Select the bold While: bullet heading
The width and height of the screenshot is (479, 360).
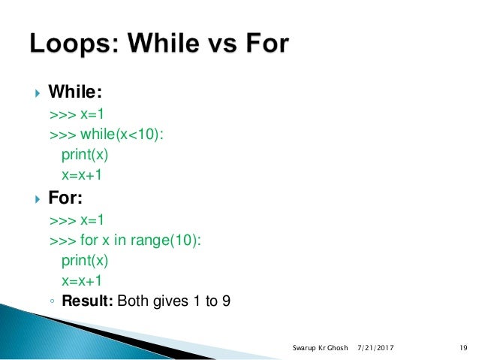75,92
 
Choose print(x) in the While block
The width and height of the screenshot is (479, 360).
85,155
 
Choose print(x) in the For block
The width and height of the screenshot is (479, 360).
85,262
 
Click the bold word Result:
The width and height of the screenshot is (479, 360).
87,302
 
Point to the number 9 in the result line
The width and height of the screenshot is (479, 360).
225,302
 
